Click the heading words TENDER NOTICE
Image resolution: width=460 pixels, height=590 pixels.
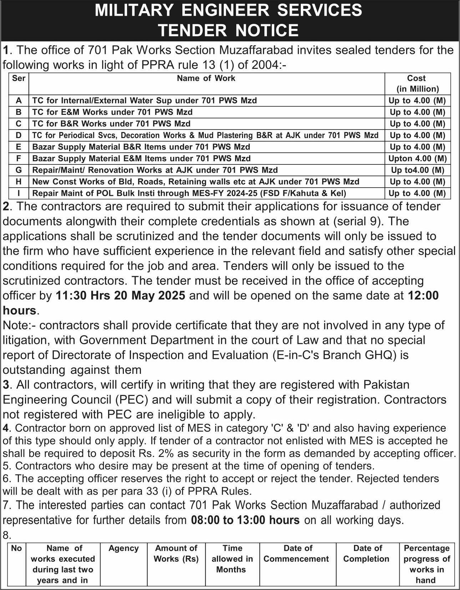point(228,30)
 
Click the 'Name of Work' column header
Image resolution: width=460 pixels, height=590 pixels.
point(206,78)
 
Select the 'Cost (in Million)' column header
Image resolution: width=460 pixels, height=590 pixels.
point(417,83)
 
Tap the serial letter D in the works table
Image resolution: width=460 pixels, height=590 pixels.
point(19,135)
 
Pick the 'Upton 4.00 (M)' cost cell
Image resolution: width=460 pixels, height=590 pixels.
point(417,158)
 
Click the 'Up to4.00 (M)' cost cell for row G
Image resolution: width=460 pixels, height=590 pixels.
point(417,170)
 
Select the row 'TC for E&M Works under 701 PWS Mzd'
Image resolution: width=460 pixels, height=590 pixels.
point(112,112)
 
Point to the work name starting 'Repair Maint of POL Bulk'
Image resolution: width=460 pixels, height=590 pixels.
point(189,193)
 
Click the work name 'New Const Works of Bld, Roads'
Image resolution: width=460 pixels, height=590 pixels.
point(196,182)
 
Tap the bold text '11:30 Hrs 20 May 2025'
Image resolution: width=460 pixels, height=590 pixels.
point(121,296)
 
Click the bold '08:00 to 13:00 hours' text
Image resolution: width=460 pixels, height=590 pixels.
point(245,520)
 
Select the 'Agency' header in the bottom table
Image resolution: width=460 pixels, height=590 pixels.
point(123,548)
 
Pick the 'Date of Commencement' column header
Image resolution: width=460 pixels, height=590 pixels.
point(296,553)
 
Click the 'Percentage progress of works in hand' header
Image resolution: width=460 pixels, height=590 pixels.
point(426,564)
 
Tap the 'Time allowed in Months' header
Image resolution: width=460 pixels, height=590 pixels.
point(232,559)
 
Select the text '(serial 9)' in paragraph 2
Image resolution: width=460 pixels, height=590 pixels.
point(358,222)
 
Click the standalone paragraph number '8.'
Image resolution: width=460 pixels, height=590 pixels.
point(7,535)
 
